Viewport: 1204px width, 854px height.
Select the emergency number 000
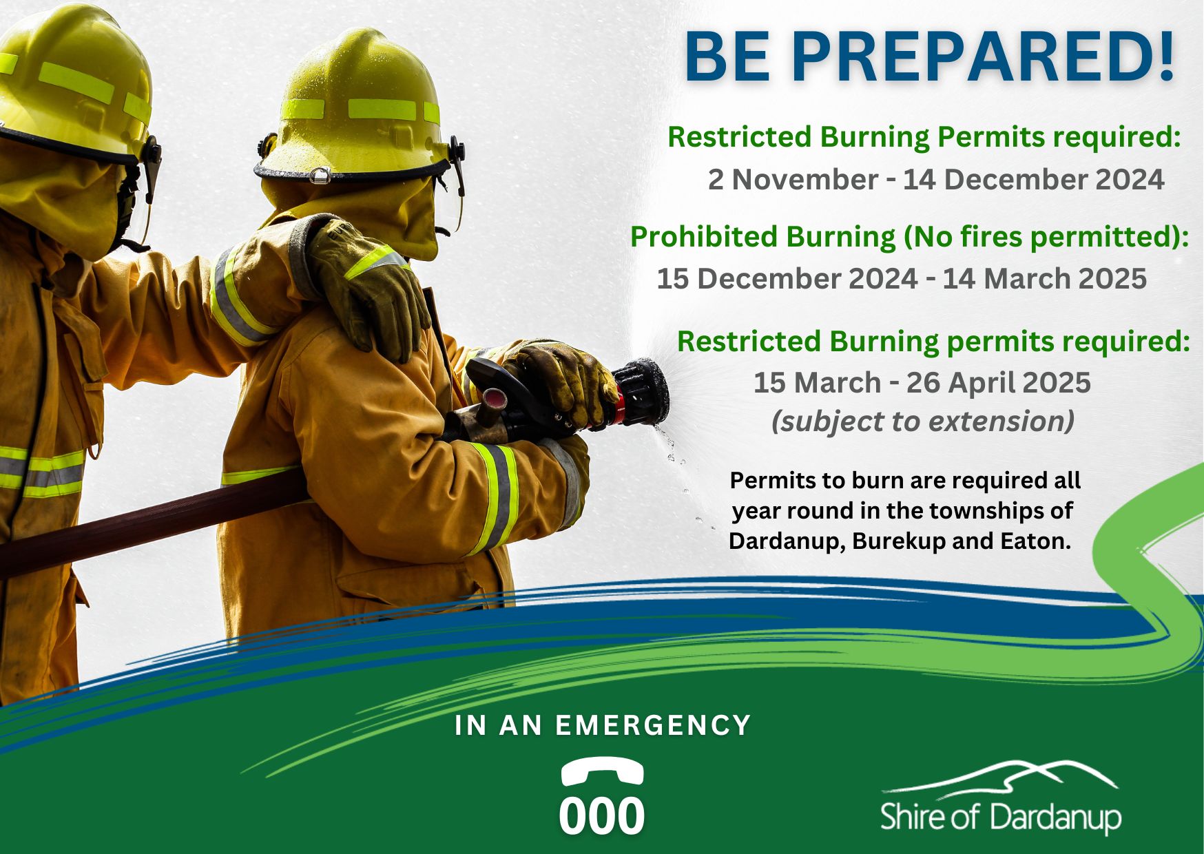click(601, 817)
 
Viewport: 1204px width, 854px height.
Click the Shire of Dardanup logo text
click(1001, 817)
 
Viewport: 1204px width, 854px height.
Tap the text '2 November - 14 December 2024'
click(936, 180)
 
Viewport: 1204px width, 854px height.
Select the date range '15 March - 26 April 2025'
click(922, 383)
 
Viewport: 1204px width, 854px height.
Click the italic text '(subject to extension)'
click(923, 421)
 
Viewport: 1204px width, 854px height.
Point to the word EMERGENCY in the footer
click(653, 725)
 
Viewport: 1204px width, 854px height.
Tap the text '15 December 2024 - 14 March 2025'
click(902, 279)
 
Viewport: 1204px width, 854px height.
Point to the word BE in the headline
click(727, 58)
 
